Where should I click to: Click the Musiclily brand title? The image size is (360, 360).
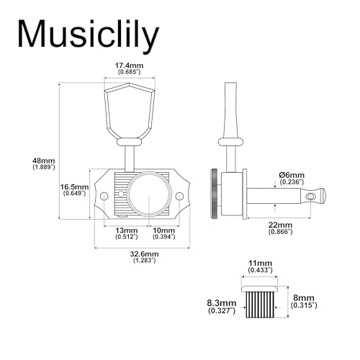tap(88, 35)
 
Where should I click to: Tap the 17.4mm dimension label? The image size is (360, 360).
tap(129, 68)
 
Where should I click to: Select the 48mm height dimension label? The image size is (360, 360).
tap(44, 163)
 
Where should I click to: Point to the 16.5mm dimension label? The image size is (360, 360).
tap(74, 189)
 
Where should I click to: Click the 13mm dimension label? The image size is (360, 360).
tap(127, 233)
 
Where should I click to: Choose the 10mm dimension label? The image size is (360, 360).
tap(164, 233)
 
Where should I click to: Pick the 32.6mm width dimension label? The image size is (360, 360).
tap(145, 256)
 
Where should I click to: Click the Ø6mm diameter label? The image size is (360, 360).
tap(292, 178)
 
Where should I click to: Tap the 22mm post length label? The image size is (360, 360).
tap(280, 228)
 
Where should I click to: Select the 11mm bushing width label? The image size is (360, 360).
tap(260, 266)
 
